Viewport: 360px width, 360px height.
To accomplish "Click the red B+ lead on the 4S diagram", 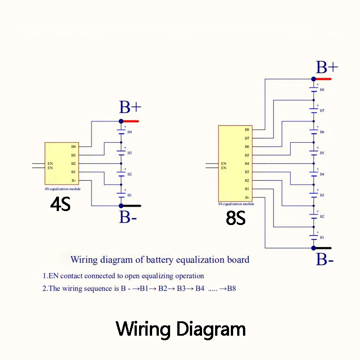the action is tap(131, 121).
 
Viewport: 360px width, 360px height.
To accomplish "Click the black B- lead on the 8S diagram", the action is tap(324, 248).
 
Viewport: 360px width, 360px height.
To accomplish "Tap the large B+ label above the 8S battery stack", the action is tap(327, 67).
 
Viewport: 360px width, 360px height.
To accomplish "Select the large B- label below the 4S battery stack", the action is tap(128, 217).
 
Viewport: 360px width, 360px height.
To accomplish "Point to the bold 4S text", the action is tap(60, 204).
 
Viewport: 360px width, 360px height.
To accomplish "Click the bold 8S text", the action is tap(236, 218).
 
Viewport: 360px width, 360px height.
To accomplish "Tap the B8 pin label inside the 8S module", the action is tap(247, 130).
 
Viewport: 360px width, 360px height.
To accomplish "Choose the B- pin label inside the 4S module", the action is tap(73, 180).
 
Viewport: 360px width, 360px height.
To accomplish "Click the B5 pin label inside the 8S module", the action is tap(247, 155).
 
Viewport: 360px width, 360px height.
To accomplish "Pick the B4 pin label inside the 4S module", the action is tap(73, 147).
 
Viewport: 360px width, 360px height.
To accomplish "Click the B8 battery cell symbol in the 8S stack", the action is tap(314, 90).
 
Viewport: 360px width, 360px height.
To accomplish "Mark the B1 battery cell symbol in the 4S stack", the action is tap(121, 195).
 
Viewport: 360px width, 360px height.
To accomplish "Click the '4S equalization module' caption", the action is tap(63, 189).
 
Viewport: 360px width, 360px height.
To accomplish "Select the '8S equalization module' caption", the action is tap(236, 204).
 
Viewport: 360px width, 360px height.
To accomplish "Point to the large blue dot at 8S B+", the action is tap(314, 79).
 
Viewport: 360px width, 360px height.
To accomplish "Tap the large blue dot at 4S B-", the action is tap(121, 206).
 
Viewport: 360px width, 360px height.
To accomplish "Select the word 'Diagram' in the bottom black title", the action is tap(211, 329).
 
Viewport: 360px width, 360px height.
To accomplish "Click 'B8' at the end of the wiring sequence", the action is tap(231, 288).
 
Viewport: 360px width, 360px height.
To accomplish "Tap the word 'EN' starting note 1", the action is tap(54, 276).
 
